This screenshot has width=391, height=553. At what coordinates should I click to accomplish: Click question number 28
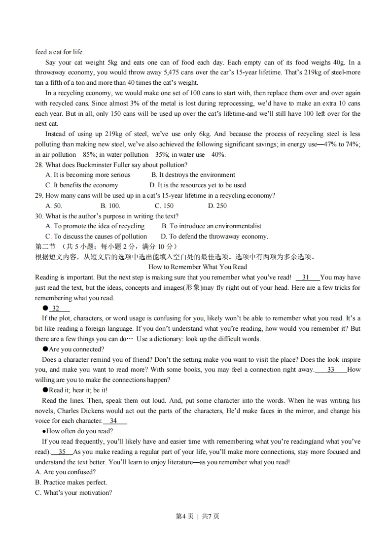point(39,165)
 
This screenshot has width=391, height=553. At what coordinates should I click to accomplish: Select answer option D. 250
point(217,206)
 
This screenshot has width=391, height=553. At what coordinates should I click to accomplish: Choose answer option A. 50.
point(54,206)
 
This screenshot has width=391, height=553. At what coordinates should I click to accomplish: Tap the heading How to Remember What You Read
point(197,267)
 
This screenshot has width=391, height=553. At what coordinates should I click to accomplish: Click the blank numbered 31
point(306,277)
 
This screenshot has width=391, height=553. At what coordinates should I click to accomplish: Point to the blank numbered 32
point(56,308)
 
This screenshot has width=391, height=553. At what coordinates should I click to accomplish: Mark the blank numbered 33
point(330,370)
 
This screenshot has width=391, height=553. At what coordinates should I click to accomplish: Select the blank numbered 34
point(114,421)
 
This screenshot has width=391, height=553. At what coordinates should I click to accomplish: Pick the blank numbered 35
point(62,451)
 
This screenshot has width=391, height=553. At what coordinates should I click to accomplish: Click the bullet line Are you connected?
point(76,349)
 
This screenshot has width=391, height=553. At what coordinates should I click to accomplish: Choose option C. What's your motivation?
point(73,492)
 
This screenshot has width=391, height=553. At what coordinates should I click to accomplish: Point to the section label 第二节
point(45,246)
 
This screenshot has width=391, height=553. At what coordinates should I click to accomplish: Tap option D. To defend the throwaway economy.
point(214,236)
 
